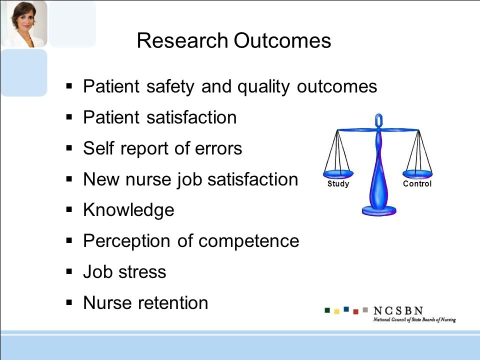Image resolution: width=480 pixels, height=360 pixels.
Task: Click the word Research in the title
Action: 182,40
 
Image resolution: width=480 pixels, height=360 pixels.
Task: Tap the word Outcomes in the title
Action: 282,40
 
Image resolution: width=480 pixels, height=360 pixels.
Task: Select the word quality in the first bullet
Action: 263,87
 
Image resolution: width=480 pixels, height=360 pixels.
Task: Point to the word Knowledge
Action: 128,210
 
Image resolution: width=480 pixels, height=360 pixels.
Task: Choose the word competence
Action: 249,241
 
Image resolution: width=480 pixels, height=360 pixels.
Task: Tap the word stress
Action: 142,272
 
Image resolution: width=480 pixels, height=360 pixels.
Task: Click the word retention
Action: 173,303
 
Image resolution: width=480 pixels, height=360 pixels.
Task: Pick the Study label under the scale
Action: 338,183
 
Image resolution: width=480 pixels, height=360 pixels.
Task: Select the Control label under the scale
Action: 417,183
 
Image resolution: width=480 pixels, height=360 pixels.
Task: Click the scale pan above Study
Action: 338,174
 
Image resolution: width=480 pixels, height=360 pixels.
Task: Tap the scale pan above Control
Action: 417,174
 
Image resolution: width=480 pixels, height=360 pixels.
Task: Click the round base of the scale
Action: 379,211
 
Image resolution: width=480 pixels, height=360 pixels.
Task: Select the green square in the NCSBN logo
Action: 327,310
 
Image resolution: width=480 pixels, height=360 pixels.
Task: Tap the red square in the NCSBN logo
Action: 355,311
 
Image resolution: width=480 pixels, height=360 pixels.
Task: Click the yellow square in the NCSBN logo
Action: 336,311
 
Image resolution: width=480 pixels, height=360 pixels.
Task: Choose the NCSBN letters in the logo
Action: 398,310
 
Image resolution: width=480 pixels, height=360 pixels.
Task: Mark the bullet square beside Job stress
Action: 69,271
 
